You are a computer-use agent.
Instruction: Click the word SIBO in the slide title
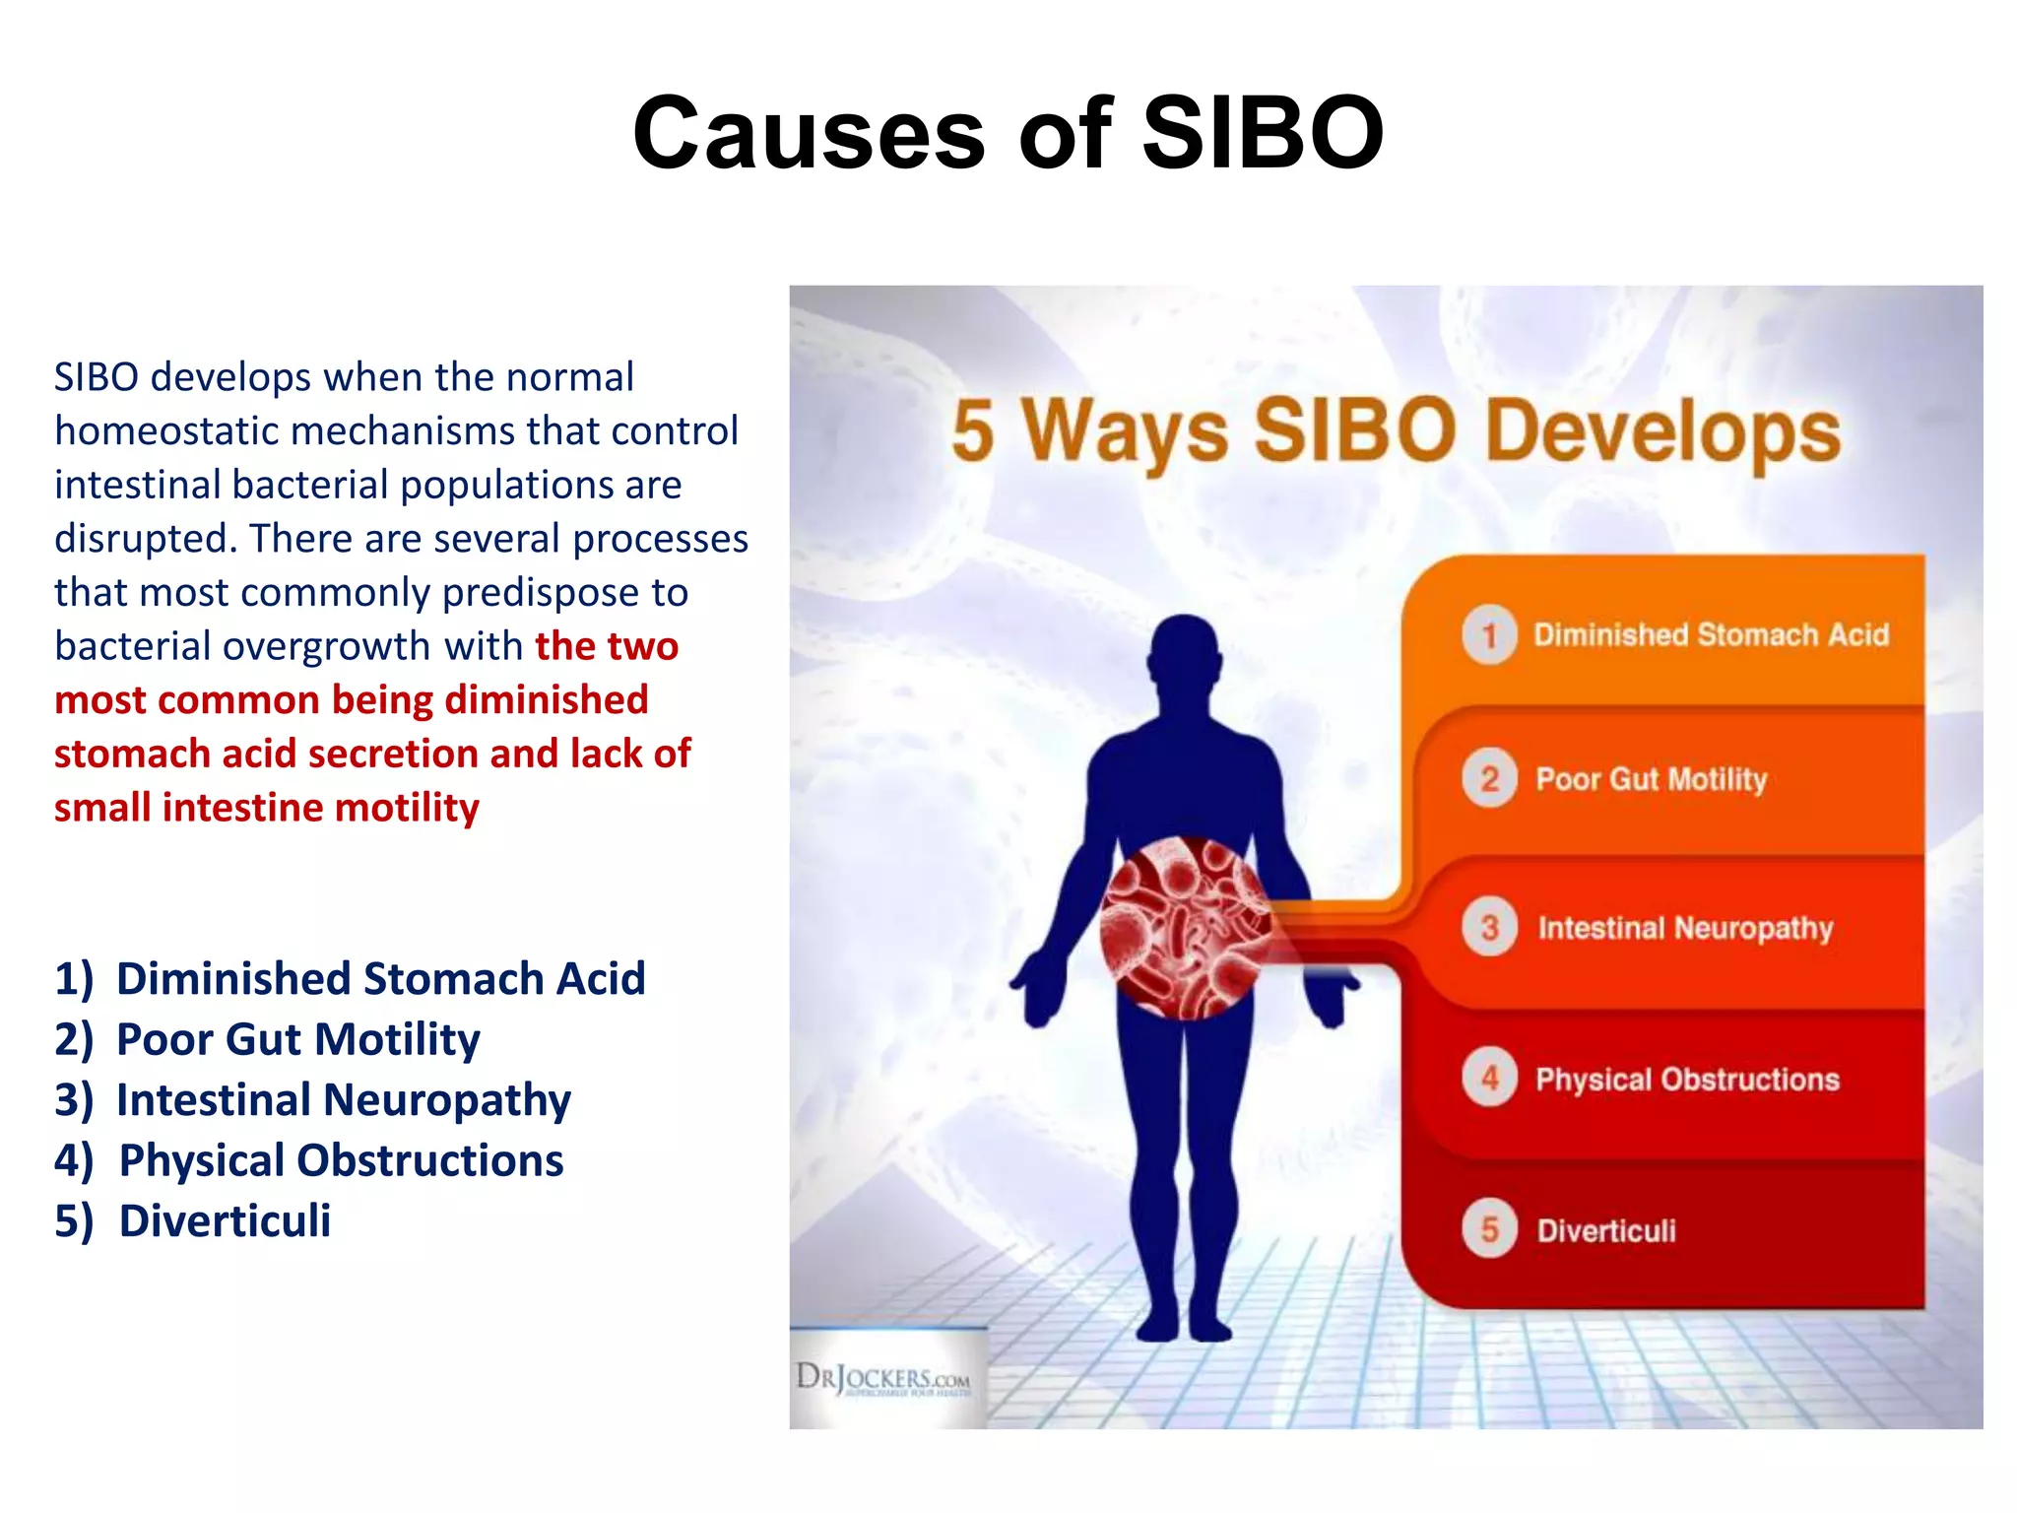pyautogui.click(x=1263, y=133)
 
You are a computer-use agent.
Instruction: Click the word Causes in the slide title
pyautogui.click(x=809, y=133)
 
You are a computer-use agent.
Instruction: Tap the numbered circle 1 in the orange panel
pyautogui.click(x=1489, y=634)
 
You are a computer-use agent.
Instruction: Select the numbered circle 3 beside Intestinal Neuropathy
pyautogui.click(x=1489, y=927)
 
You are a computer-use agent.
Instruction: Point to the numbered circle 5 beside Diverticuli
pyautogui.click(x=1489, y=1228)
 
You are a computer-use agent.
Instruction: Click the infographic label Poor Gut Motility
pyautogui.click(x=1652, y=779)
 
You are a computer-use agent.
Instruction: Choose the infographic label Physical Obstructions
pyautogui.click(x=1687, y=1080)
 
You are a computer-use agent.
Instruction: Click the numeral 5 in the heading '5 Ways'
pyautogui.click(x=972, y=431)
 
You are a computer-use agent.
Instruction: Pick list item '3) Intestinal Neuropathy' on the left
pyautogui.click(x=313, y=1100)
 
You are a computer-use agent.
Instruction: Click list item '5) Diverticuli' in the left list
pyautogui.click(x=193, y=1221)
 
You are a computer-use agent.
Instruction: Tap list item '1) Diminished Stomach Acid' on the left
pyautogui.click(x=350, y=979)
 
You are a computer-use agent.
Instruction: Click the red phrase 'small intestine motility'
pyautogui.click(x=266, y=808)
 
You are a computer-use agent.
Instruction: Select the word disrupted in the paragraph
pyautogui.click(x=146, y=539)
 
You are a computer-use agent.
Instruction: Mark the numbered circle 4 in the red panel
pyautogui.click(x=1489, y=1078)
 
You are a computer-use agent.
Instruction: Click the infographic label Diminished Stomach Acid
pyautogui.click(x=1711, y=634)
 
